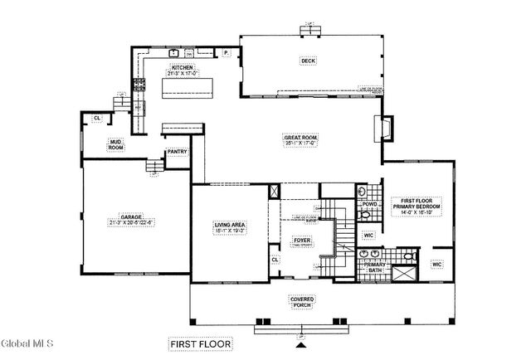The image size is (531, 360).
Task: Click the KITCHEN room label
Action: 183,71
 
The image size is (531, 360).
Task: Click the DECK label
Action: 309,61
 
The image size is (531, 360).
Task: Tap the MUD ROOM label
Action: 116,144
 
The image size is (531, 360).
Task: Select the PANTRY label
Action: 177,153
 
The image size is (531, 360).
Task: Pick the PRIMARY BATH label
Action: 376,269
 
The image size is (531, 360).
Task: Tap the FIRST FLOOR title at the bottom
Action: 199,343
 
